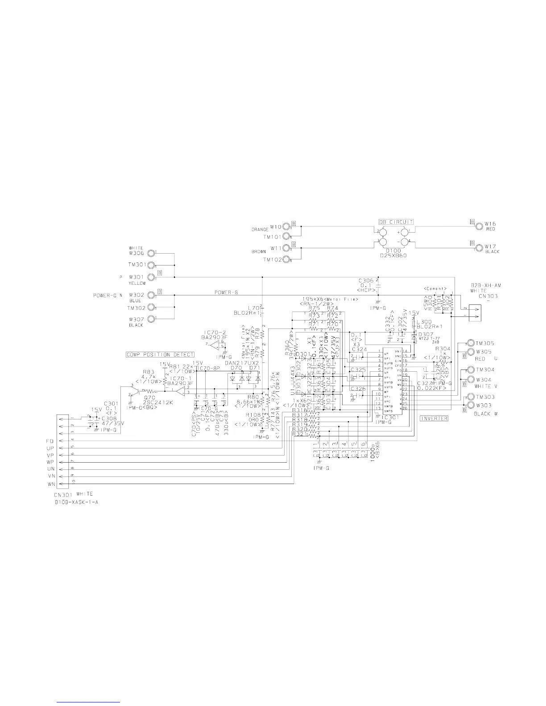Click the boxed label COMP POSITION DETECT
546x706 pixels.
(160, 355)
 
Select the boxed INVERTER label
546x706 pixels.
(434, 418)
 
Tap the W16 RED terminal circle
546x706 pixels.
(479, 226)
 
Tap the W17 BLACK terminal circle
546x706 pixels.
(479, 247)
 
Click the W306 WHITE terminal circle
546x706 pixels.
(152, 254)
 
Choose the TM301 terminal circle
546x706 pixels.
(152, 265)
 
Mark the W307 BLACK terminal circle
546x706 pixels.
(152, 319)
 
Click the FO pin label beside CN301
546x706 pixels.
(50, 440)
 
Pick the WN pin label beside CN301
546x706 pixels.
(50, 484)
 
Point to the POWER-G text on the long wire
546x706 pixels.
(226, 292)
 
